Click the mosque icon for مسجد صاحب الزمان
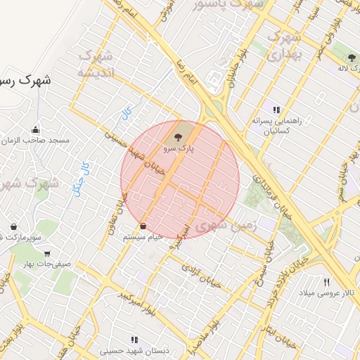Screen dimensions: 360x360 [36, 129]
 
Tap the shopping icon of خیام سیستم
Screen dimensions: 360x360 [143, 226]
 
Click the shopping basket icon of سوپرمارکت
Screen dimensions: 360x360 [13, 226]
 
